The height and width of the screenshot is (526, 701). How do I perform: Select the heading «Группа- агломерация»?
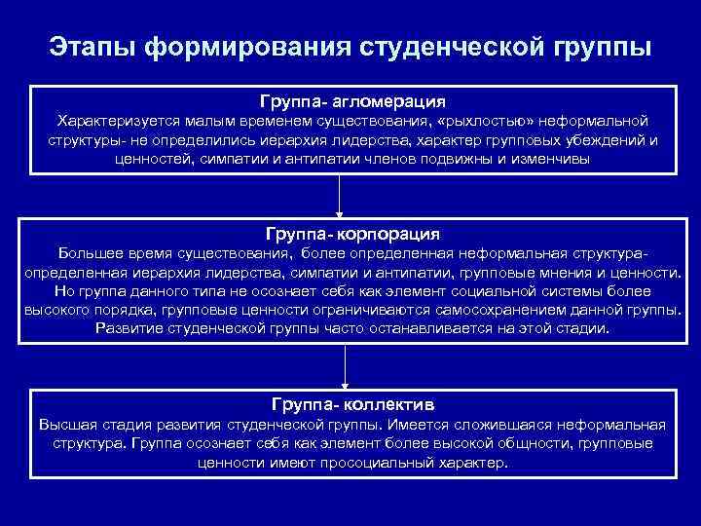tap(351, 100)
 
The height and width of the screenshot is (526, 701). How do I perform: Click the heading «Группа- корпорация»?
tap(351, 235)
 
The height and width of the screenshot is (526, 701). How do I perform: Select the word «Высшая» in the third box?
tap(64, 426)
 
